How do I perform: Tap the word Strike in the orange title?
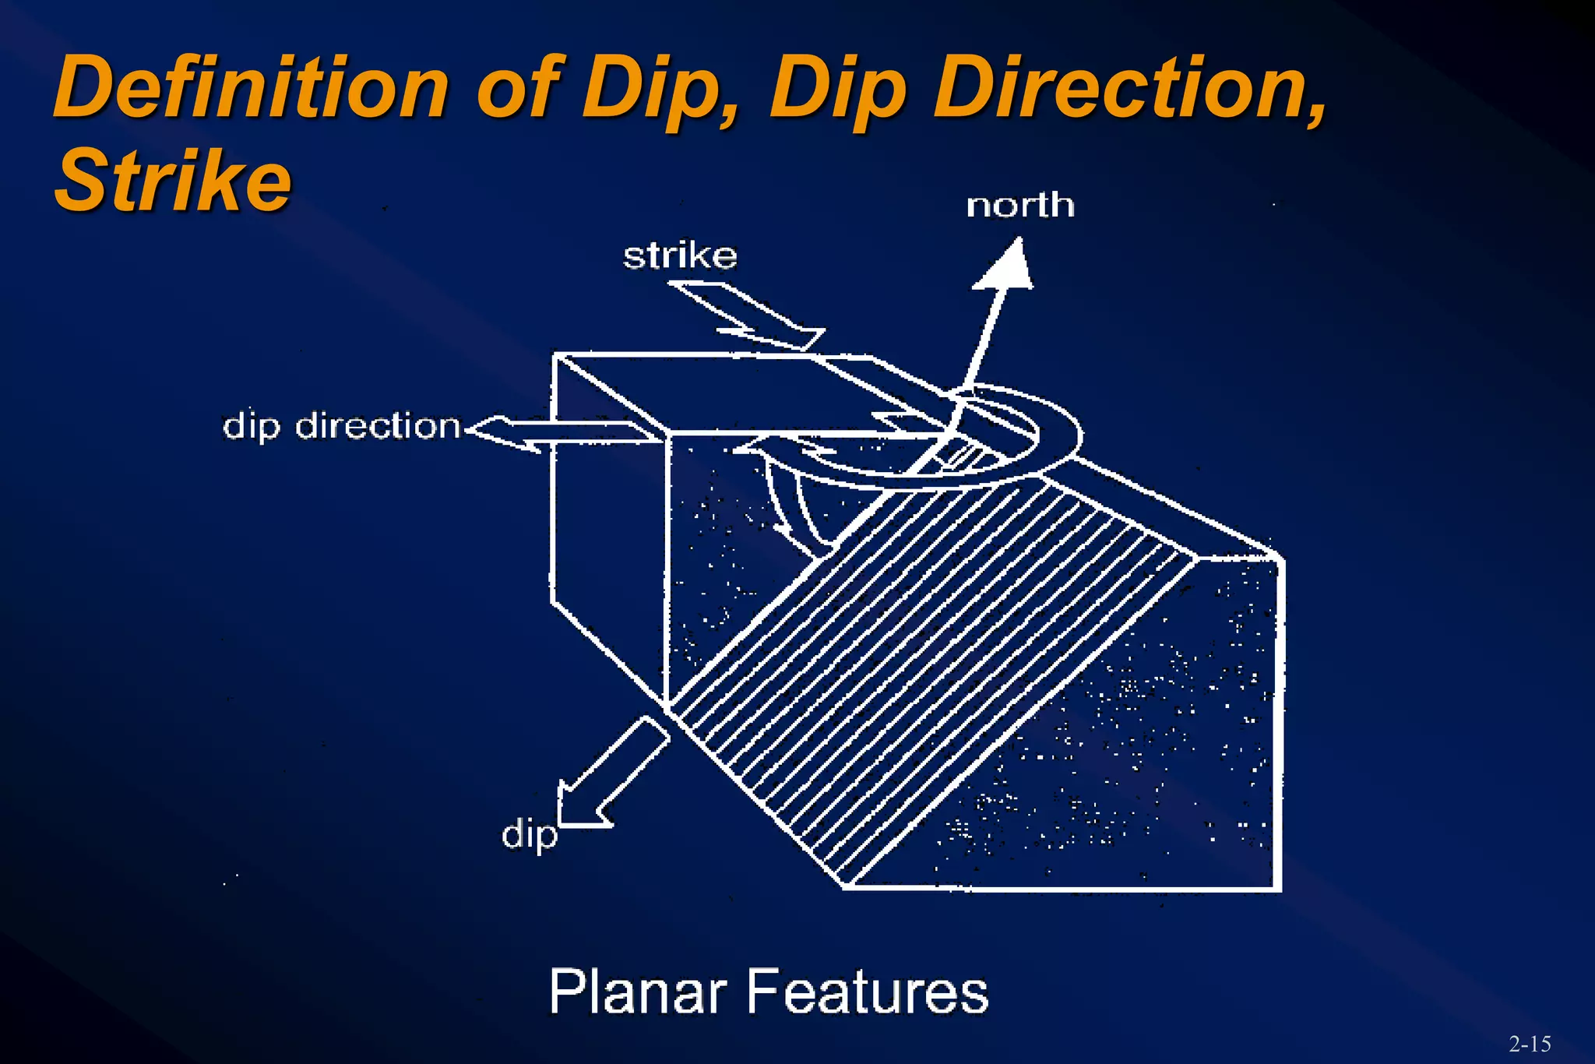(x=173, y=180)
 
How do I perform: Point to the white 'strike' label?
(x=680, y=255)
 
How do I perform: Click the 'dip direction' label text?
(x=342, y=427)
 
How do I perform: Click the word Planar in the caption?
(x=637, y=992)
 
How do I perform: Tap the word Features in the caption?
(x=868, y=992)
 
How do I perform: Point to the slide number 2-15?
(x=1530, y=1044)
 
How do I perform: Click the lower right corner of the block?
(x=1280, y=888)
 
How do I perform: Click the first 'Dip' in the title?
(x=662, y=86)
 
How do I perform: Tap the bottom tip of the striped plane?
(x=846, y=886)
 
